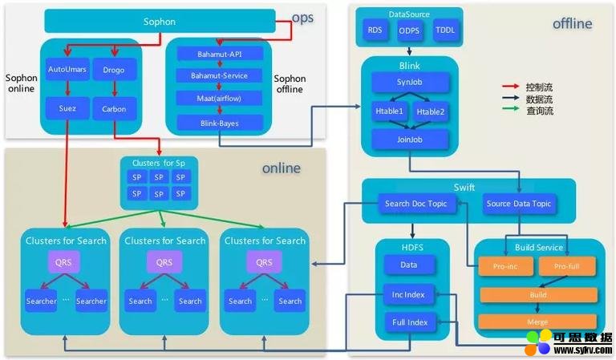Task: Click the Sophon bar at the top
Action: (x=159, y=22)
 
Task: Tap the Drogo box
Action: (x=114, y=71)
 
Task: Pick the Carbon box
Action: (x=114, y=108)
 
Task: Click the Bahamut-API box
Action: (x=218, y=55)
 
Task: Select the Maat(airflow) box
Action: (x=218, y=98)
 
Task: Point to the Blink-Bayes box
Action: (x=218, y=122)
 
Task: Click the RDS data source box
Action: (x=375, y=30)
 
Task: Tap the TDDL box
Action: (x=444, y=30)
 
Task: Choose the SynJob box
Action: (x=409, y=83)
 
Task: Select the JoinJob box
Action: (x=409, y=138)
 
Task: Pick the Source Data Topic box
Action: (x=519, y=204)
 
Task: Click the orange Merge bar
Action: (x=537, y=321)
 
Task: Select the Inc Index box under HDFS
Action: (x=409, y=293)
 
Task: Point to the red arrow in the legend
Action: (x=508, y=87)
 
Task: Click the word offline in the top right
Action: (x=572, y=24)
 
